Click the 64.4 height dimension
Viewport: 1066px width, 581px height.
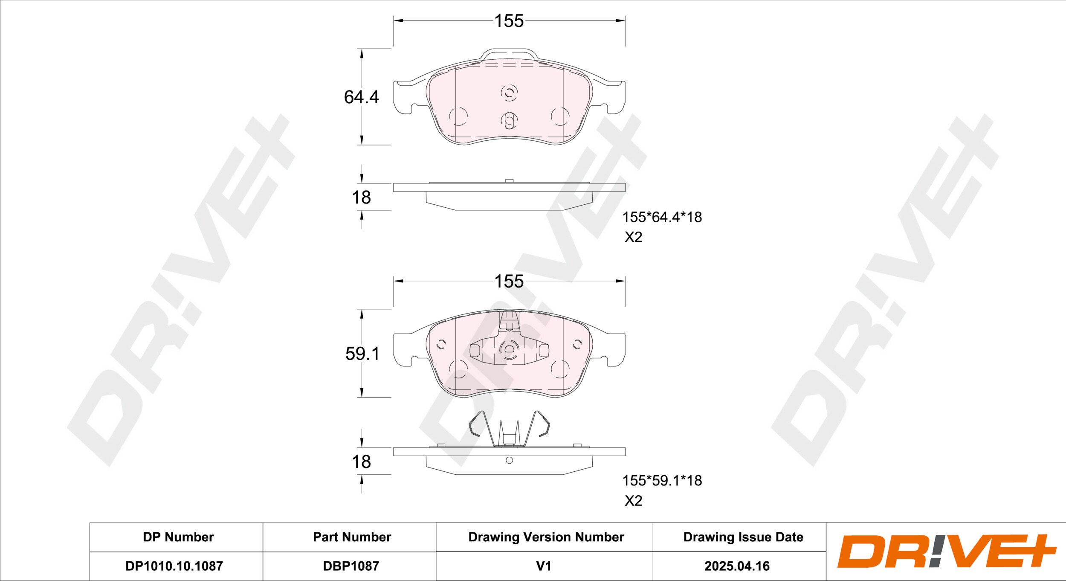tap(361, 97)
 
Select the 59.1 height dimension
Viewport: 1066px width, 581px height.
tap(362, 354)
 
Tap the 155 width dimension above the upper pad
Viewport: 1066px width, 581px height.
tap(509, 21)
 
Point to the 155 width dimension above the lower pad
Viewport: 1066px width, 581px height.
tap(509, 282)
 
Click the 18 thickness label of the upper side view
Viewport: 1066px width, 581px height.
tap(361, 198)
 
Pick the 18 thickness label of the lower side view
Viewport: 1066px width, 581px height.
tap(361, 462)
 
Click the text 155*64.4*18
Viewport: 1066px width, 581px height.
tap(662, 217)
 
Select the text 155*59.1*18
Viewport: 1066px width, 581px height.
tap(662, 481)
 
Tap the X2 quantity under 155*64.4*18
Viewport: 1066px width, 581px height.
tap(633, 237)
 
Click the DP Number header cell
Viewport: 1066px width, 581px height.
tap(178, 537)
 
